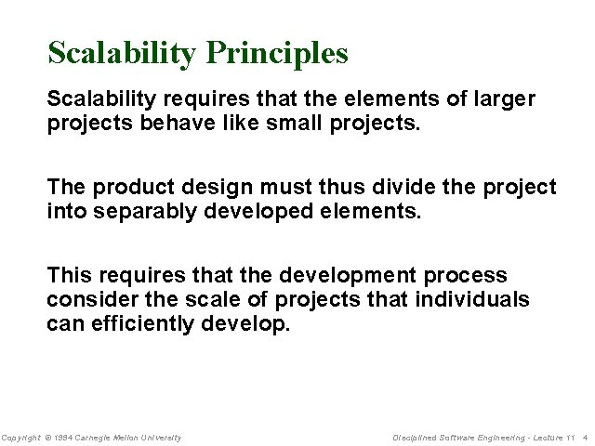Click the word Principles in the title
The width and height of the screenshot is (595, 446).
(277, 53)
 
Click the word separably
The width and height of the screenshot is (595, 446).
(139, 212)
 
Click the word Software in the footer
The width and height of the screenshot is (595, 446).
(457, 437)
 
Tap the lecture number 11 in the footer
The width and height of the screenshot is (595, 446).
(570, 437)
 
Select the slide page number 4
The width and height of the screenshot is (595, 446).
(585, 437)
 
